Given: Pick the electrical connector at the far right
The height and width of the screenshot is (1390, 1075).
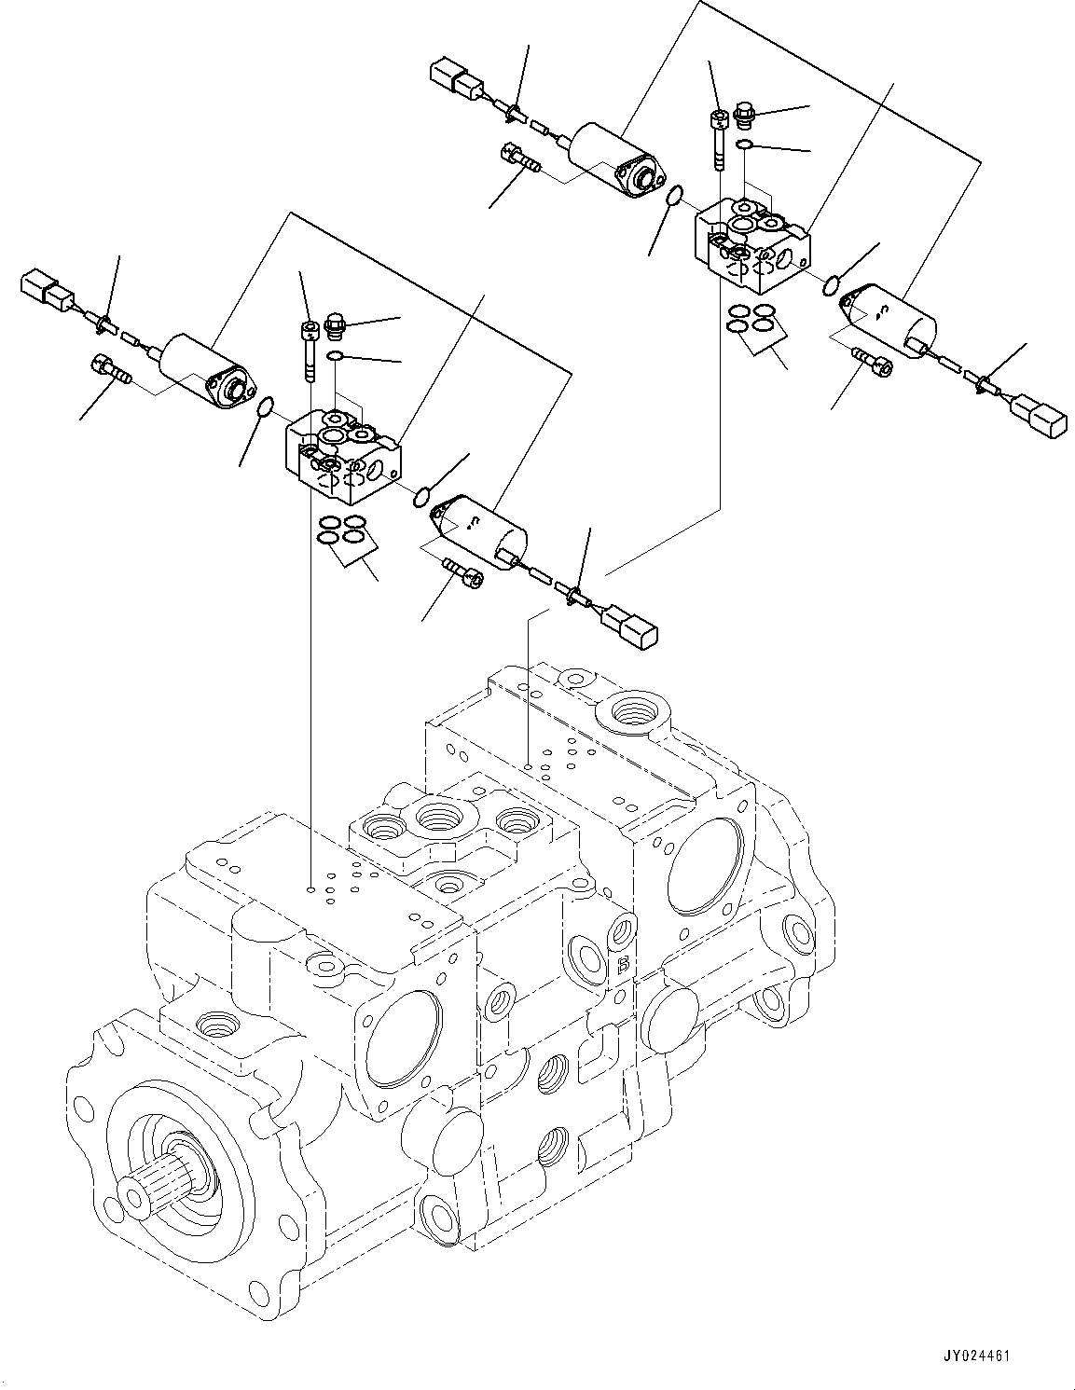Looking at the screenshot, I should pyautogui.click(x=1038, y=415).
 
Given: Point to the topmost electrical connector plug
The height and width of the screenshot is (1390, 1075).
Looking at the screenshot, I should pyautogui.click(x=454, y=76).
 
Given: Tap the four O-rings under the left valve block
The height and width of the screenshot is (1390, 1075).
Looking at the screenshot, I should pyautogui.click(x=340, y=530).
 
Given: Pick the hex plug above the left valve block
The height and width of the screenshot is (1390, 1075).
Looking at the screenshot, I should pyautogui.click(x=336, y=328).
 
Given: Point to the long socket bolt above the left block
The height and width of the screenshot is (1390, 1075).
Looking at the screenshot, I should pyautogui.click(x=309, y=349).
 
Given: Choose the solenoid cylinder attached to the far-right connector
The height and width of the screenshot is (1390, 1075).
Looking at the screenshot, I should pyautogui.click(x=890, y=317).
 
